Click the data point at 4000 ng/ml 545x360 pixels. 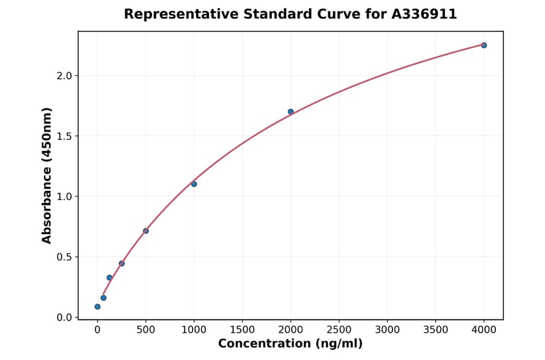484,45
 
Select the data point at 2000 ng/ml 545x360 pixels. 291,112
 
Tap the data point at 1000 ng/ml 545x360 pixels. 194,184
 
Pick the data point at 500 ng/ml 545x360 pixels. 146,231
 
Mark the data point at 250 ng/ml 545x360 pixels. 122,264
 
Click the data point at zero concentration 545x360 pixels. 97,307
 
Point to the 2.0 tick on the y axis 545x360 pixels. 64,76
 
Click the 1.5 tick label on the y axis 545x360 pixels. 64,136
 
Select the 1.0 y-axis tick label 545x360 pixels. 64,196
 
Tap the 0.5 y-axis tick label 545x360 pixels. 64,257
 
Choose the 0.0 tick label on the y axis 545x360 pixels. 64,318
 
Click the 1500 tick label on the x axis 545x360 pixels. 242,330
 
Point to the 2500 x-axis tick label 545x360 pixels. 339,330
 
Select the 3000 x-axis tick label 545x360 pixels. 388,330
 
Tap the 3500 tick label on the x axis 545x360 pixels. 436,330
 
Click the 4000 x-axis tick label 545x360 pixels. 484,330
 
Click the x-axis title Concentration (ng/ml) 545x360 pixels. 291,344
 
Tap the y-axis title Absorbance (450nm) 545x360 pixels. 47,175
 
